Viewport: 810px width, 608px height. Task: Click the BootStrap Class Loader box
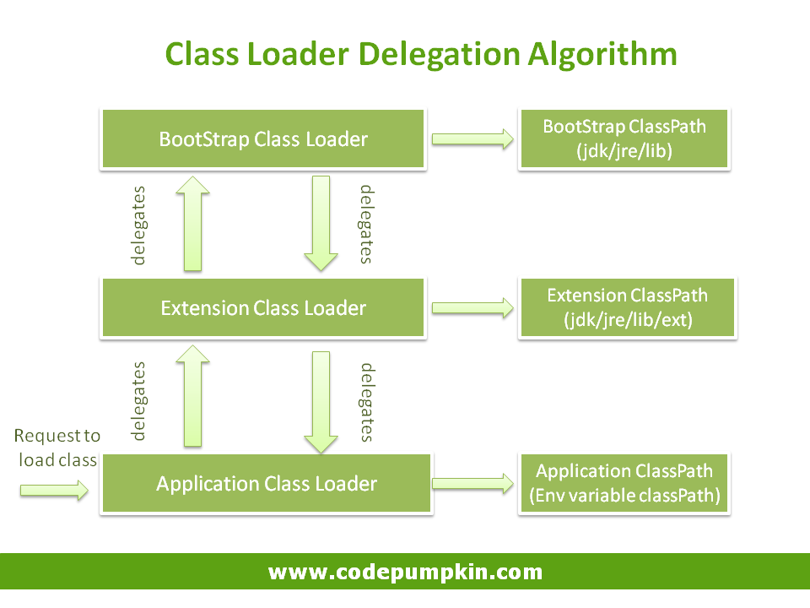click(x=262, y=139)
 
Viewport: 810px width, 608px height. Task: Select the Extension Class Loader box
click(x=262, y=308)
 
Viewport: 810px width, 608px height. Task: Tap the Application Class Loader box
click(x=266, y=484)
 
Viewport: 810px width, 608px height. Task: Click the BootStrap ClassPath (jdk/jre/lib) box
click(x=624, y=139)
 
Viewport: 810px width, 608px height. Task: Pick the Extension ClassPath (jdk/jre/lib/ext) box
click(x=627, y=308)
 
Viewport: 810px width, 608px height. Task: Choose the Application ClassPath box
click(x=624, y=484)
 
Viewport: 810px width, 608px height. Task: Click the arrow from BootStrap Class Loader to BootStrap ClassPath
click(x=472, y=139)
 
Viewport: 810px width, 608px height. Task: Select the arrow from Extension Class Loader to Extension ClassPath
click(x=472, y=308)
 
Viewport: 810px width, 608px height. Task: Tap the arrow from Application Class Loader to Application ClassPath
click(x=472, y=484)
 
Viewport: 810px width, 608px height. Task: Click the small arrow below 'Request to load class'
click(x=54, y=490)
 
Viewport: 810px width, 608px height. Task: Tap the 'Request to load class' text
click(x=57, y=448)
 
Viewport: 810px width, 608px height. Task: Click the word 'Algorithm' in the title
click(x=602, y=54)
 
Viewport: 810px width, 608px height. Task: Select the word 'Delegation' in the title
click(x=438, y=54)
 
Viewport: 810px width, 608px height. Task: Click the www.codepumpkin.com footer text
click(x=405, y=572)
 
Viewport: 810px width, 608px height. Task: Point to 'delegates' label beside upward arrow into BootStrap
click(x=139, y=225)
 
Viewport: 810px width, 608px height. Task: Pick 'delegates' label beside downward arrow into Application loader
click(x=366, y=402)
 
